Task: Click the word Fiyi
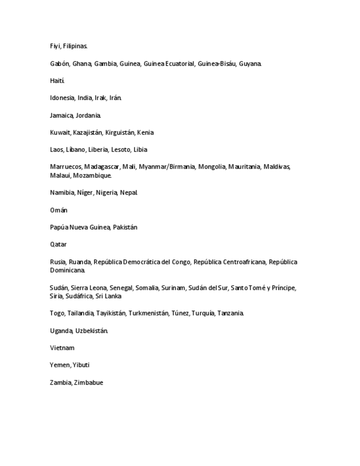(55, 46)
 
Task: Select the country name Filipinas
(75, 46)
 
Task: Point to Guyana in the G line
(250, 64)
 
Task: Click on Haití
(57, 81)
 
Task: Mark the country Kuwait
(60, 132)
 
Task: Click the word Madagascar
(102, 167)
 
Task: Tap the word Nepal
(129, 192)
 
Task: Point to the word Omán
(59, 210)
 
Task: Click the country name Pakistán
(125, 227)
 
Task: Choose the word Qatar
(58, 244)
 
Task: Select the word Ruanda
(80, 262)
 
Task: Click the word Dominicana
(68, 270)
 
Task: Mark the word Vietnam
(62, 348)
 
